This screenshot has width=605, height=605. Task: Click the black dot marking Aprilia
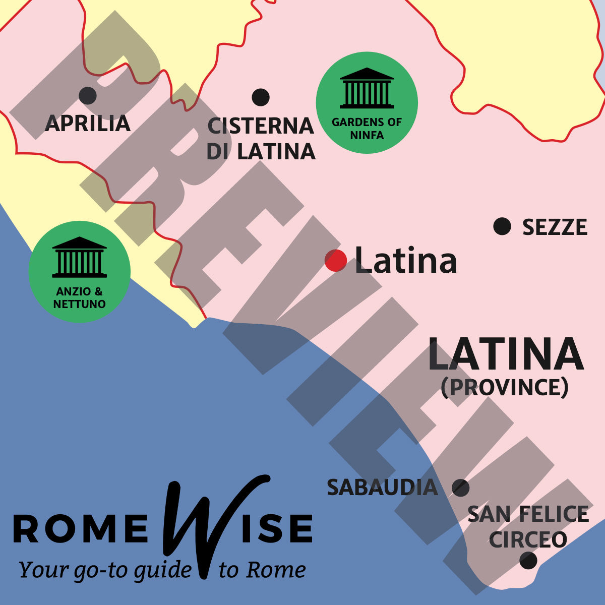point(88,95)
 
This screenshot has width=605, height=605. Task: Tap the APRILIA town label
point(88,124)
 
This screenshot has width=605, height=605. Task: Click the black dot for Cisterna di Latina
point(261,97)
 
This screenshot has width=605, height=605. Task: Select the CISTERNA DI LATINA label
point(261,139)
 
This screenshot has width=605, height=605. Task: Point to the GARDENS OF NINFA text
point(367,129)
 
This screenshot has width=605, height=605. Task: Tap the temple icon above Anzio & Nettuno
point(79,257)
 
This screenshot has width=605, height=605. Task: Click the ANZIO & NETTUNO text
point(79,297)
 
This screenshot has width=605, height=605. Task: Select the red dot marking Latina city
point(336,261)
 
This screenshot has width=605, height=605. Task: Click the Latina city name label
point(406,261)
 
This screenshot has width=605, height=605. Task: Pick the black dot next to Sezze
point(502,226)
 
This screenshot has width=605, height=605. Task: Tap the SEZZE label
point(555,227)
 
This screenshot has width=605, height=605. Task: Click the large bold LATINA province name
point(505,355)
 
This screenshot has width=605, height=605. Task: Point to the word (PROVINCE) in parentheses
point(505,387)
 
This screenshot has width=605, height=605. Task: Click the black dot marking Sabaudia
point(460,488)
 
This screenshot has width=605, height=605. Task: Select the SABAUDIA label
point(382,488)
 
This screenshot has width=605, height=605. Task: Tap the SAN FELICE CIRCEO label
point(528,527)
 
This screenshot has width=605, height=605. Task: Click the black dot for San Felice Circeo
point(528,560)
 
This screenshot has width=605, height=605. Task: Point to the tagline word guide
point(163,570)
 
